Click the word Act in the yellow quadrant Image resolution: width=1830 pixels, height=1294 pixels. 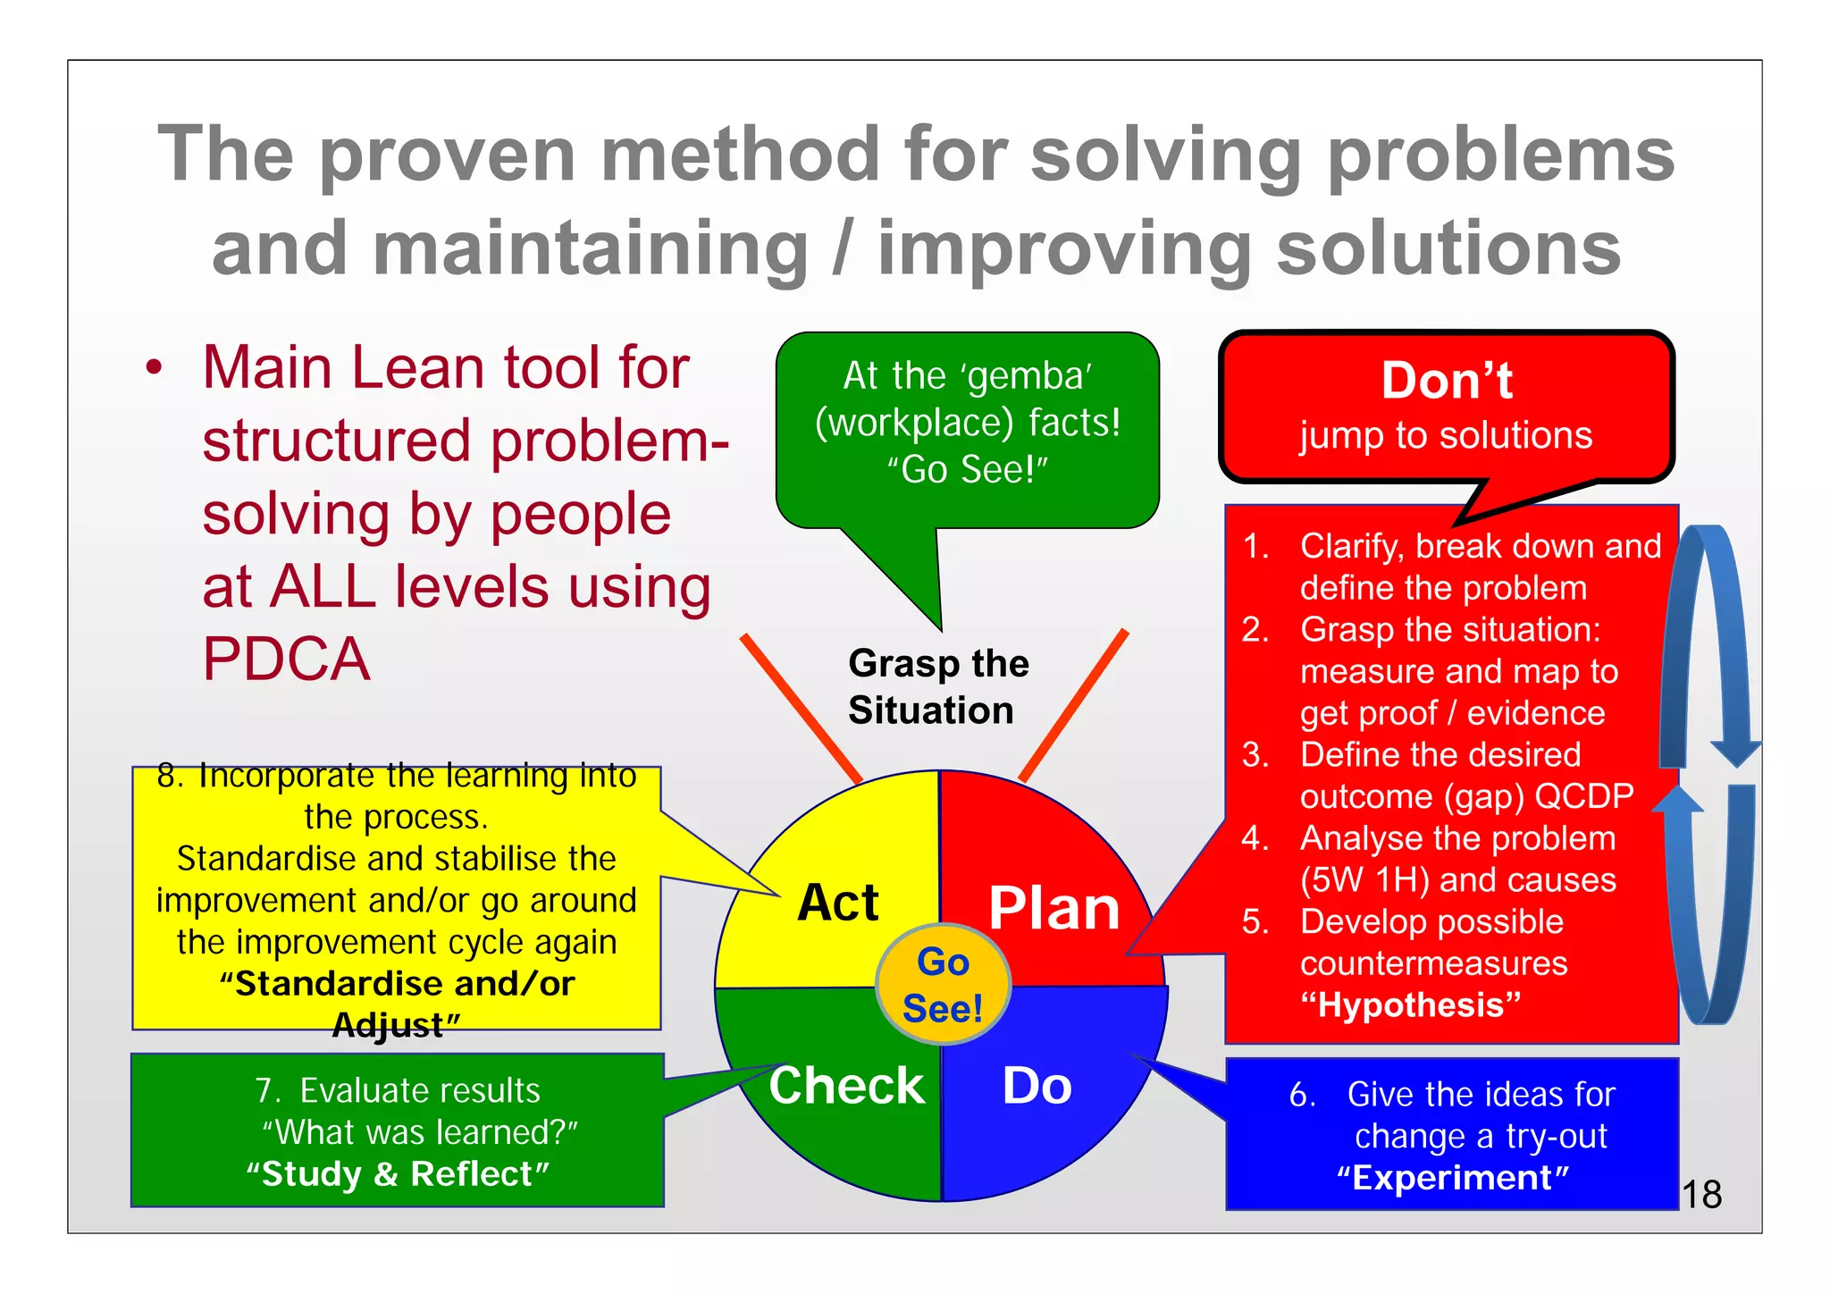(x=838, y=903)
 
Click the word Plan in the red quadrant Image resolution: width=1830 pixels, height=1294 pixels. (x=1054, y=909)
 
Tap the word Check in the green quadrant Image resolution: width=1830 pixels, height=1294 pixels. (x=846, y=1086)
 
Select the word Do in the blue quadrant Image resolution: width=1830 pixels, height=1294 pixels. (x=1037, y=1087)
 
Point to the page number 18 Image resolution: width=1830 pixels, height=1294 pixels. (x=1701, y=1195)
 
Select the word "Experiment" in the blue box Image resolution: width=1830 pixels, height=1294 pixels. (x=1453, y=1178)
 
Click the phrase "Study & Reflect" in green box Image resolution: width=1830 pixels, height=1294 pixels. (x=398, y=1174)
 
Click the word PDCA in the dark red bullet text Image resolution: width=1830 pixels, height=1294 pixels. (x=286, y=660)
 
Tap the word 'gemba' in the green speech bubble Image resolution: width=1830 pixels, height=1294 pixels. (x=1028, y=376)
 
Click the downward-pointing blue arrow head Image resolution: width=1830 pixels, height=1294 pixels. (x=1735, y=753)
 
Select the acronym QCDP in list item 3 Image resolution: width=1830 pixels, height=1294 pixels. (x=1582, y=796)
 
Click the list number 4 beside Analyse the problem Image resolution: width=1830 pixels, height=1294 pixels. (x=1255, y=838)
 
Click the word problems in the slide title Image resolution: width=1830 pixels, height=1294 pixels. (x=1501, y=155)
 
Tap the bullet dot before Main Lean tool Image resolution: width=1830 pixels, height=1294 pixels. (x=155, y=368)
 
